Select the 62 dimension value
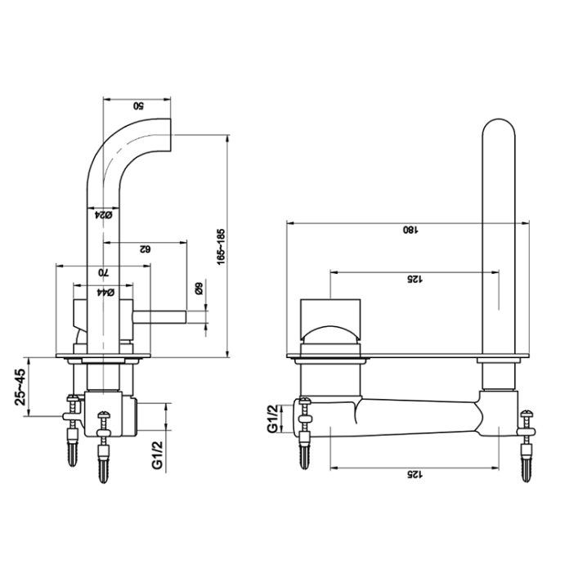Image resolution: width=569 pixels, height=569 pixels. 145,249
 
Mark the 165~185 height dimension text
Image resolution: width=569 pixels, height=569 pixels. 221,246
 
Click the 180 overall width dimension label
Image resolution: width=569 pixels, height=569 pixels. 406,230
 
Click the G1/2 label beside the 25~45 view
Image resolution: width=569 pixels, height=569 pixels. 157,455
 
